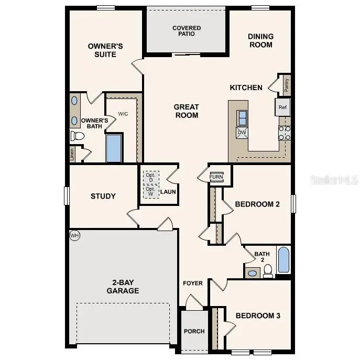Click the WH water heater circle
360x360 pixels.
click(74, 236)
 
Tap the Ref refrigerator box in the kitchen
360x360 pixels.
click(283, 107)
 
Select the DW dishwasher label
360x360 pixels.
click(242, 132)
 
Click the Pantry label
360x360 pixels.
click(286, 85)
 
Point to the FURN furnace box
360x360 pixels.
click(216, 177)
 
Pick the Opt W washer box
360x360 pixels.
click(151, 191)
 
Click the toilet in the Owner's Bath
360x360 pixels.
click(78, 136)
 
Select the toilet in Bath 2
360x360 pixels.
click(268, 270)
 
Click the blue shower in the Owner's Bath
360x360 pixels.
click(114, 148)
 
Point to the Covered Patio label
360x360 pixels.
click(187, 31)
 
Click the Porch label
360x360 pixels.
click(194, 331)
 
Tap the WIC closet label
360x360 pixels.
click(123, 114)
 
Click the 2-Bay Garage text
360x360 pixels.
click(123, 287)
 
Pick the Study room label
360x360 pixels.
click(103, 197)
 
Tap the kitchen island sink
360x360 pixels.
click(243, 118)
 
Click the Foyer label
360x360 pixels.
click(193, 283)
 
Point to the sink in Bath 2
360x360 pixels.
click(252, 273)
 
